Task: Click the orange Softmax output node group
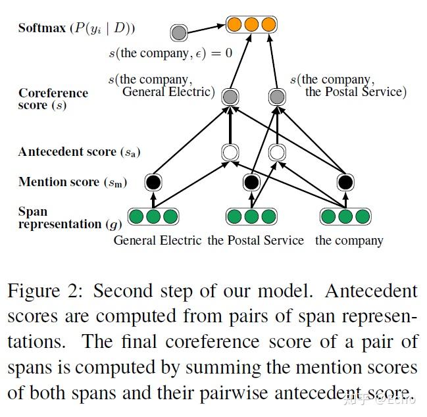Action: [x=251, y=25]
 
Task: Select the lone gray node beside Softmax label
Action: [x=178, y=32]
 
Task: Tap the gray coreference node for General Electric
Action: [x=229, y=97]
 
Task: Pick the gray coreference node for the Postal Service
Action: [x=278, y=97]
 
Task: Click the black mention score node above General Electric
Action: [x=153, y=182]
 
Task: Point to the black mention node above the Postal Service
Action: [x=251, y=182]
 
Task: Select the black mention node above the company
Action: [x=346, y=182]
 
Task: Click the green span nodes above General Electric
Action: [x=153, y=216]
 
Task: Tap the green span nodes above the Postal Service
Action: [x=251, y=216]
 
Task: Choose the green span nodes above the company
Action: [x=346, y=216]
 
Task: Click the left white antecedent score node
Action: [x=229, y=153]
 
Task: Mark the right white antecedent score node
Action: [x=278, y=153]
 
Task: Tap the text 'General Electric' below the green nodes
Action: [x=157, y=240]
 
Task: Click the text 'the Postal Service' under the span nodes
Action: [x=256, y=240]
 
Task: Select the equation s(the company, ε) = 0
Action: [x=170, y=53]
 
